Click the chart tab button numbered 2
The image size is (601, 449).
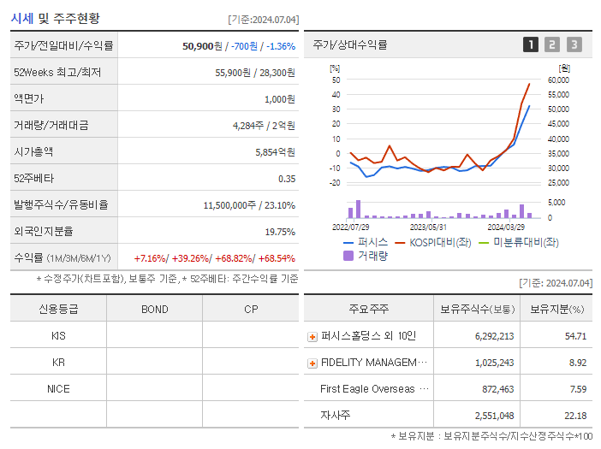552,44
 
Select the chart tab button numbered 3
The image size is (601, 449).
574,44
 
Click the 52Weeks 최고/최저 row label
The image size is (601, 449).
57,73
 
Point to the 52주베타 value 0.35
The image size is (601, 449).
286,179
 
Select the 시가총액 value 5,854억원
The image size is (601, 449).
275,152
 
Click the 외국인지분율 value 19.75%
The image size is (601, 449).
280,232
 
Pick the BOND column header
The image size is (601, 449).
154,309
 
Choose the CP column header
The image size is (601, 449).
250,309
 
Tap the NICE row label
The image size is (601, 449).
58,389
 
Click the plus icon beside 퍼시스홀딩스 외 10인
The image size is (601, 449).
312,337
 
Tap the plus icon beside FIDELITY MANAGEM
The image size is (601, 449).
312,363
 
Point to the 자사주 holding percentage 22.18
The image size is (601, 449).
575,416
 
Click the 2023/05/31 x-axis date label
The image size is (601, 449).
428,227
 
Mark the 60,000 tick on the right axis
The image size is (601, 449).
557,80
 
